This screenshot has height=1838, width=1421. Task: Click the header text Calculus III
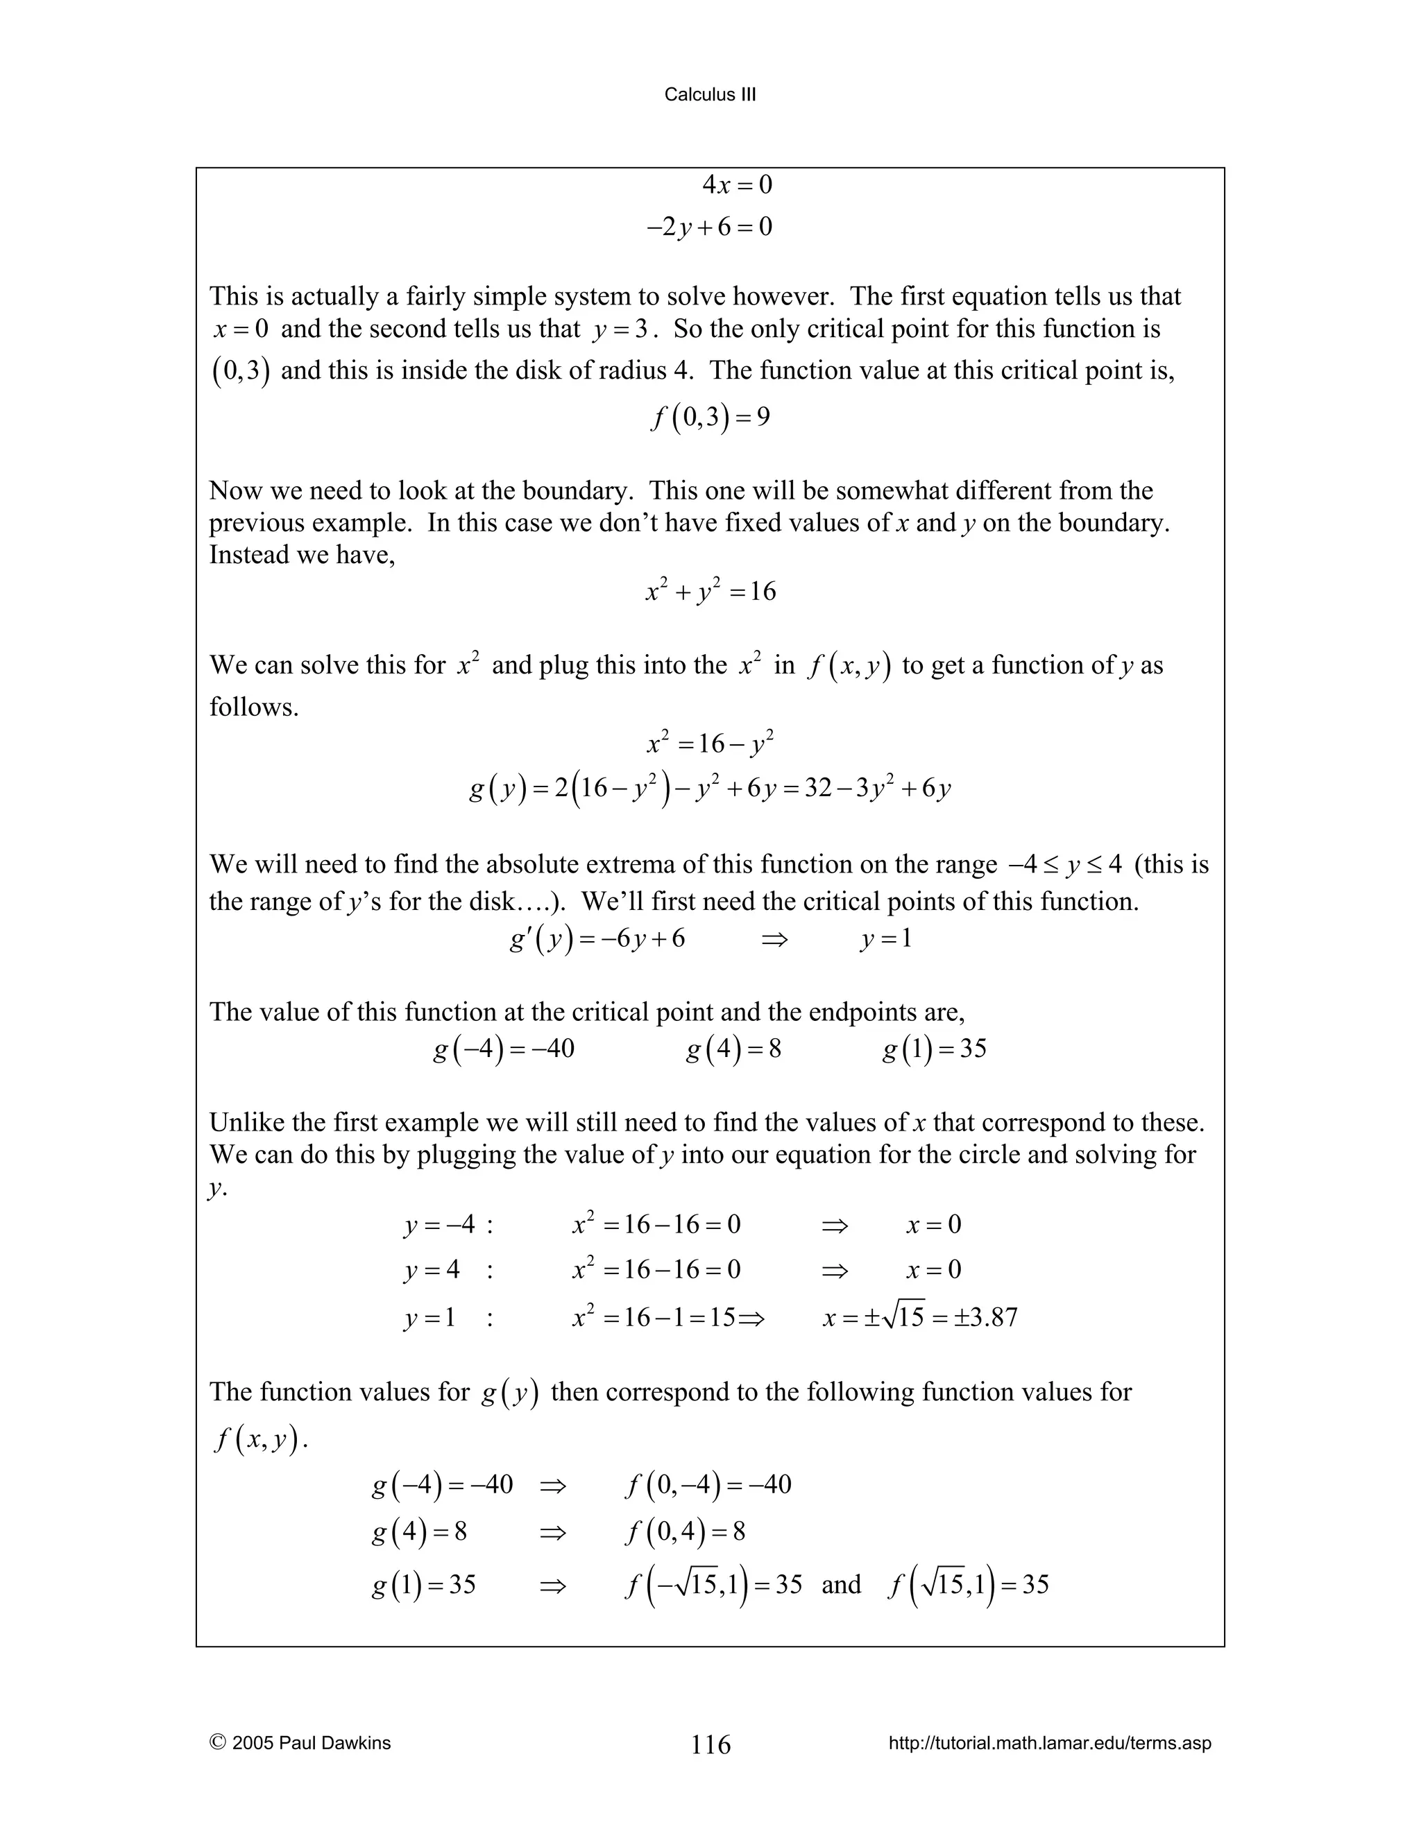[x=710, y=95]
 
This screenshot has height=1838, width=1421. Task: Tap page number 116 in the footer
[x=710, y=1744]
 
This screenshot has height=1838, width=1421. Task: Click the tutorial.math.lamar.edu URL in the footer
[x=1050, y=1743]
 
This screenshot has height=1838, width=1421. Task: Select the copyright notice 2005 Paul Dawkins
[x=300, y=1743]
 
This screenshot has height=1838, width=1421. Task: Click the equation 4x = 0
[x=737, y=185]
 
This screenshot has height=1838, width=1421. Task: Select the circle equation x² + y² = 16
[x=710, y=592]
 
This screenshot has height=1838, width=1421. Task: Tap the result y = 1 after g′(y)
[x=885, y=938]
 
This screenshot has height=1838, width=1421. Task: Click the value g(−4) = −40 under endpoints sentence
[x=504, y=1049]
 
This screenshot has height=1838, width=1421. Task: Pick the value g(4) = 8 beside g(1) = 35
[x=733, y=1049]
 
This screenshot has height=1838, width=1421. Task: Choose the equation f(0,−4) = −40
[x=708, y=1484]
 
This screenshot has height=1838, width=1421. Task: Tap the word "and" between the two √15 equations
[x=841, y=1585]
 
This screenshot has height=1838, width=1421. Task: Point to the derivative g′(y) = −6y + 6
[x=597, y=938]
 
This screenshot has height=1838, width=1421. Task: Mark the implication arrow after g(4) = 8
[x=553, y=1531]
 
